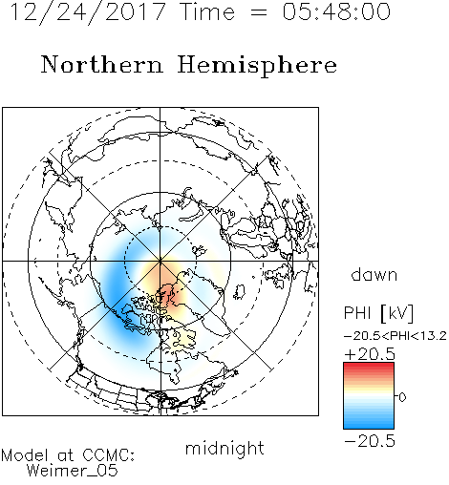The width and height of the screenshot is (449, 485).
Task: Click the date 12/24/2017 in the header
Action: tap(88, 11)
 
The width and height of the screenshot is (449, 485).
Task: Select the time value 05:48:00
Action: tap(336, 11)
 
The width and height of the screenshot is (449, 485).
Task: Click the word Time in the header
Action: tap(207, 11)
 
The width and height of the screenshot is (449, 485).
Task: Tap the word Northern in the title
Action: tap(102, 64)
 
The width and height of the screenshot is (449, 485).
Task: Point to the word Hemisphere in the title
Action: tap(257, 65)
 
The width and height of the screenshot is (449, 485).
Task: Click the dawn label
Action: tap(374, 274)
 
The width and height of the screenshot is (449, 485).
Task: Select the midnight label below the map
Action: tap(224, 448)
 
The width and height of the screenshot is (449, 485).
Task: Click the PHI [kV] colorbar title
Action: tap(378, 313)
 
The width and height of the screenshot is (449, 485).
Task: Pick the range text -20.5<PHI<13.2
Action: tap(396, 336)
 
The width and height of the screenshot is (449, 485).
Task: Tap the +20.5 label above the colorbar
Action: tap(370, 354)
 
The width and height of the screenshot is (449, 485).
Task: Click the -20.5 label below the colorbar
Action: tap(370, 441)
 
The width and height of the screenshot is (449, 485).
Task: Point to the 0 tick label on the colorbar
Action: tap(402, 397)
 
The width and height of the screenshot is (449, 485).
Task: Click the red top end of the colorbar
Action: tap(369, 365)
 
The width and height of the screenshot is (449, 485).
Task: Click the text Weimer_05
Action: tap(72, 471)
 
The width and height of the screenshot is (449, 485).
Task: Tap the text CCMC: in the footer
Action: tap(108, 455)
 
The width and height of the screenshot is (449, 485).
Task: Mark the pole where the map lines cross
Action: tap(160, 261)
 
